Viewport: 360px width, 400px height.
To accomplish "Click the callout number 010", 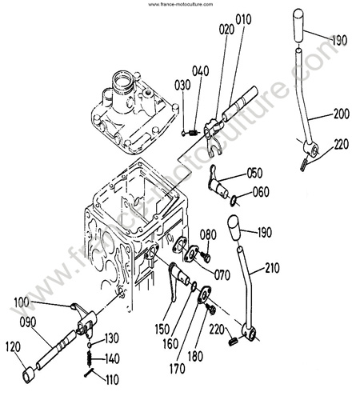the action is point(243,19).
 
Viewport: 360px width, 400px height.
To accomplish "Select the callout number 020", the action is point(226,29).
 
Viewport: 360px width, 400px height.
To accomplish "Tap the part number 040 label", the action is point(201,71).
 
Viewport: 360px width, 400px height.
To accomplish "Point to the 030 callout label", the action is point(182,85).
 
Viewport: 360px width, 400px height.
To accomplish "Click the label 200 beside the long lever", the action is point(342,114).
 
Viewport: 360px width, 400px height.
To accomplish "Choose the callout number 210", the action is point(272,268).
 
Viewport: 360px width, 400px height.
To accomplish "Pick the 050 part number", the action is point(254,173).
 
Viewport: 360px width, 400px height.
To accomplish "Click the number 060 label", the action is point(261,192).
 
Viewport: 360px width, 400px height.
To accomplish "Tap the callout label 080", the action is point(208,234).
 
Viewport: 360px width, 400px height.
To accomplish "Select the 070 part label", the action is point(222,274).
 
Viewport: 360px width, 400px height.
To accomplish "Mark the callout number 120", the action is point(13,346).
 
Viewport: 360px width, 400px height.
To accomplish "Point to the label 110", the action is point(112,379).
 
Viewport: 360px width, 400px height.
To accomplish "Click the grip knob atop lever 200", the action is point(298,26).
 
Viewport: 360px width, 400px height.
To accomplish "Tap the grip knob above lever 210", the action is point(234,228).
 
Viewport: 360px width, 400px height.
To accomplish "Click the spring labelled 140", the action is point(90,358).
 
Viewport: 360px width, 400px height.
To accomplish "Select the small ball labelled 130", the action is point(90,345).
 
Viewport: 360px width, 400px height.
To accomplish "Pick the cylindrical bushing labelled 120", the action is point(28,375).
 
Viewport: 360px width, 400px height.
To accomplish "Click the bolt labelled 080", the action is point(206,257).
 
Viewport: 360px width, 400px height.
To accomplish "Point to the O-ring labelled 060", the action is point(234,201).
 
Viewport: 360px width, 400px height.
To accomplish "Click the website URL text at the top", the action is point(181,4).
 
